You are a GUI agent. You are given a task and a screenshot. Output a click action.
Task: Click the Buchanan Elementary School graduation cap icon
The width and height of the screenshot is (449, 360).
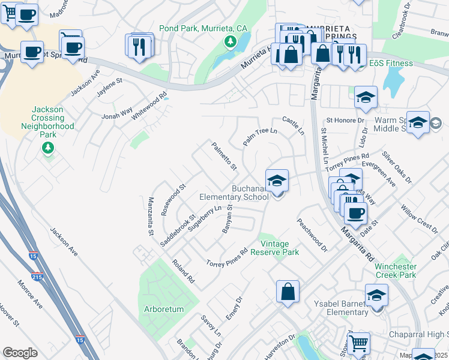277,180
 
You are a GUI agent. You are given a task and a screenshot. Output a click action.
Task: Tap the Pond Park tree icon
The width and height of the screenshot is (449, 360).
229,41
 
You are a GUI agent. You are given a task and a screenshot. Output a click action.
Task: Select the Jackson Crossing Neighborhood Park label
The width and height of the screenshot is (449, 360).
47,122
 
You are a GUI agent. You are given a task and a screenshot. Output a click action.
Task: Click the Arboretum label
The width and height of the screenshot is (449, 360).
164,310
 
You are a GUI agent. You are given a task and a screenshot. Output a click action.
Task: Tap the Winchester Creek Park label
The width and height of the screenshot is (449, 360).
395,271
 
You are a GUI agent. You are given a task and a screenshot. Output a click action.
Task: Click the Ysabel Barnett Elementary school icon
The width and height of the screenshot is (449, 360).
376,295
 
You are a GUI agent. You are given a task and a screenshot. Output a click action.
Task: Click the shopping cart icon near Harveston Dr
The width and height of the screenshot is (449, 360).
358,343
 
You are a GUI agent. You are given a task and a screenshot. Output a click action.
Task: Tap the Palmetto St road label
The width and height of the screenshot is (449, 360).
224,155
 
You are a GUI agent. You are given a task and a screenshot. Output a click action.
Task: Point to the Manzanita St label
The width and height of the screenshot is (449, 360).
151,216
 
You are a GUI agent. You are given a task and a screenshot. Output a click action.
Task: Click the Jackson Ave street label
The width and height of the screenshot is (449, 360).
64,242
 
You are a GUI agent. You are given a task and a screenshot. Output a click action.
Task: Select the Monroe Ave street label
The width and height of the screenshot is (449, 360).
29,294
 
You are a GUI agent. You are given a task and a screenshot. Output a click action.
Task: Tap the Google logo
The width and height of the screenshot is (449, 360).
20,353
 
